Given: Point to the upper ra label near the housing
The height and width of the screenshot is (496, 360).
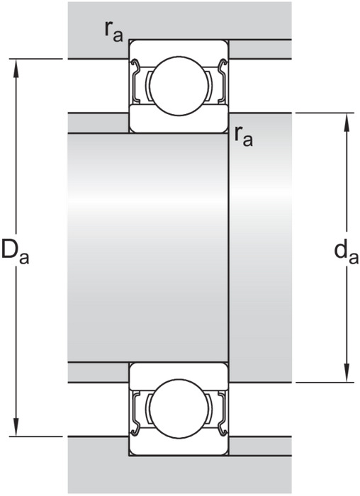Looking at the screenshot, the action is [x=114, y=33].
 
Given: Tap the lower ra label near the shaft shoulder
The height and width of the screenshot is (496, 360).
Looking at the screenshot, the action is [x=244, y=137].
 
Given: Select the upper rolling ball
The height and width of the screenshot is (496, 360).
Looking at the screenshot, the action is [x=179, y=86].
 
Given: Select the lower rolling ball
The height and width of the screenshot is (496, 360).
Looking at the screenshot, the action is [x=179, y=409].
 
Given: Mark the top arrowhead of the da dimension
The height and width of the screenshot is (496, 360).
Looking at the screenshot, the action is [x=347, y=123].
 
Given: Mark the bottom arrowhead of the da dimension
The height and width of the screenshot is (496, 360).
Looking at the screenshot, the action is [x=347, y=373].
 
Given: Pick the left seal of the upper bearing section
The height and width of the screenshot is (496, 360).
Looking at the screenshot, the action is [x=135, y=81].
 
